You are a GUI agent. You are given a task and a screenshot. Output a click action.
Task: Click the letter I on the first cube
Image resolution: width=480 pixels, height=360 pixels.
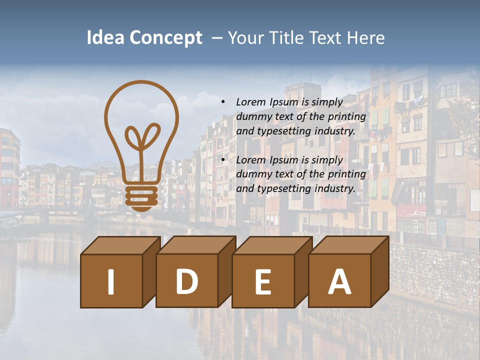111,281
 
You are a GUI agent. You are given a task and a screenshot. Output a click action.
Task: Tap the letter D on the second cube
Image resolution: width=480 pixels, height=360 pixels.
186,281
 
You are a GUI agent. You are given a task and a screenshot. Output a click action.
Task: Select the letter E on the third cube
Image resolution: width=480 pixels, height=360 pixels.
262,281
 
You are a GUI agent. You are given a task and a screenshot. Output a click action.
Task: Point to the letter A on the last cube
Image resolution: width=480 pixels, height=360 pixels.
339,281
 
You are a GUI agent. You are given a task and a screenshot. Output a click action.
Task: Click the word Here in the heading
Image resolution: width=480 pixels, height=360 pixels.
366,38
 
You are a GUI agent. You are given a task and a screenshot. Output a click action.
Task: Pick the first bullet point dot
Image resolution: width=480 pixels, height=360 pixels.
223,102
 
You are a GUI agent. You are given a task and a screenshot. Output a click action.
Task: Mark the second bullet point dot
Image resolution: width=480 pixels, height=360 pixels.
223,160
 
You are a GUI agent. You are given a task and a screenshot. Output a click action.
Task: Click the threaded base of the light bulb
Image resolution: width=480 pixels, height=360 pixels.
141,196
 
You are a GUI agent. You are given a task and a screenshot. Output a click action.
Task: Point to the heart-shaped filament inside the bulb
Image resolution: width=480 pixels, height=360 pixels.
142,136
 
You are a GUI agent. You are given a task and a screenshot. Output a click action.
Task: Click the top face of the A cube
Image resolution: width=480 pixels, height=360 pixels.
348,245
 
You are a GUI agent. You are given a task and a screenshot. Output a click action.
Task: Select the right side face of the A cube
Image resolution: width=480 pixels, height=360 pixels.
380,272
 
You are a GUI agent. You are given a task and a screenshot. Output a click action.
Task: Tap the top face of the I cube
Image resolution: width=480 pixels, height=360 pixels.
120,245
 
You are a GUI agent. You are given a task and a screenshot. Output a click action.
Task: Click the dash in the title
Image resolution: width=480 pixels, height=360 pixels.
217,38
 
